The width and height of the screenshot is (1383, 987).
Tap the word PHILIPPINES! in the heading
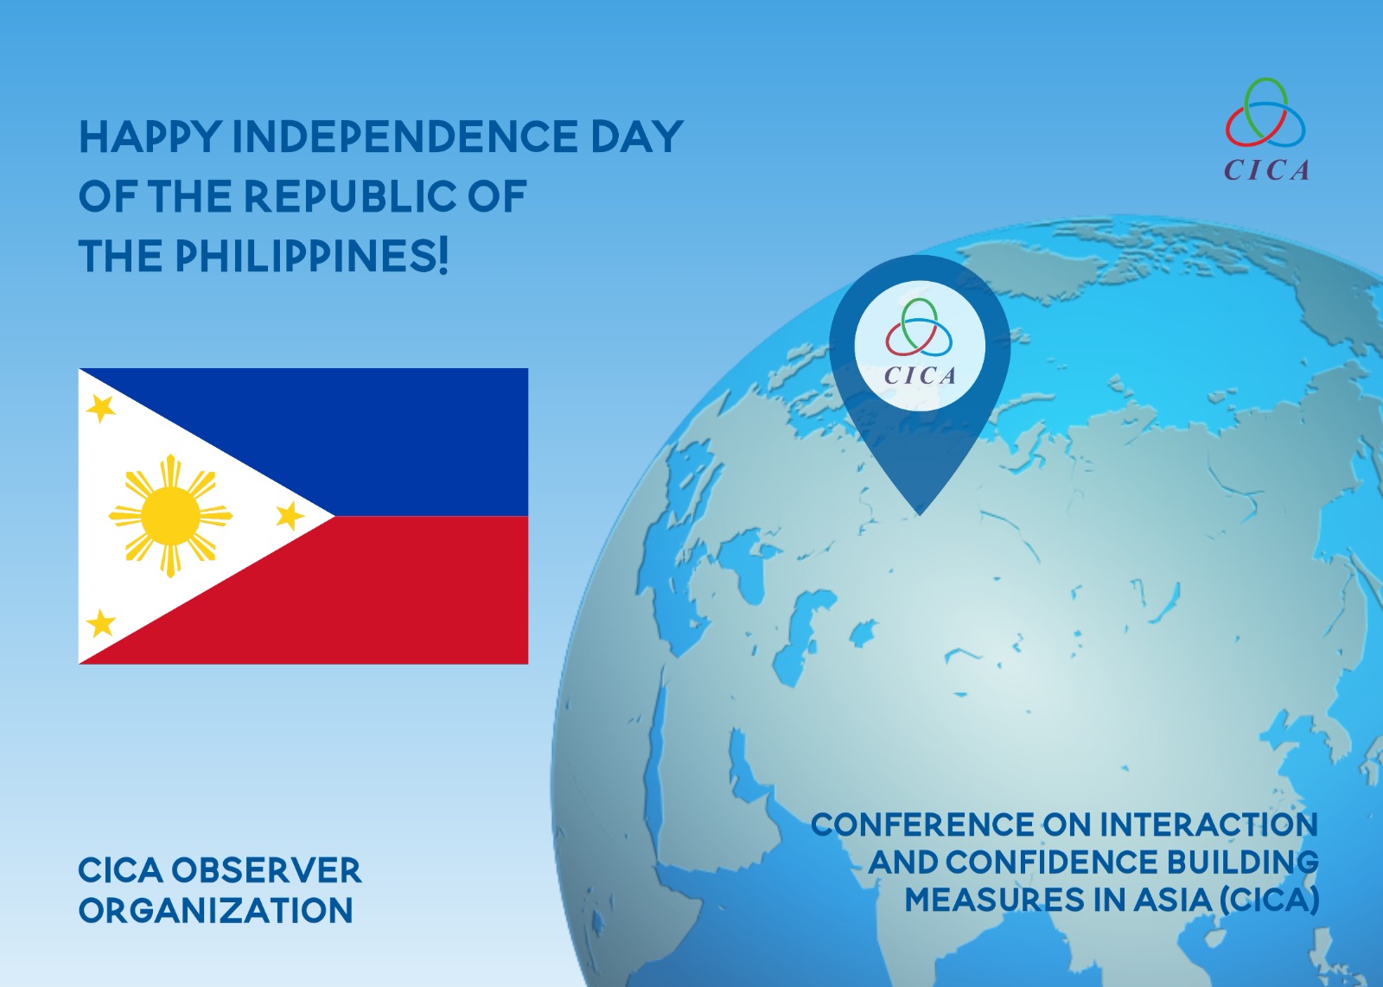[x=312, y=256]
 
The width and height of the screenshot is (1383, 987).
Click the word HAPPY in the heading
[x=150, y=137]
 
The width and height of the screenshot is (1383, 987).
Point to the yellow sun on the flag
[x=170, y=516]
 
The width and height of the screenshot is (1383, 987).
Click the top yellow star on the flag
[x=100, y=408]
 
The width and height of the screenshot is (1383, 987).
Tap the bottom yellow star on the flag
[x=101, y=622]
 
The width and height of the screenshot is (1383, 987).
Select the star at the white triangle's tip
[x=289, y=516]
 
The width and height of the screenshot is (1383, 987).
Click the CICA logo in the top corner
[x=1266, y=130]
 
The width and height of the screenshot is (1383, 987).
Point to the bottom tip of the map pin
[x=920, y=515]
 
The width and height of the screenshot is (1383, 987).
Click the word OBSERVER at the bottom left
[x=266, y=870]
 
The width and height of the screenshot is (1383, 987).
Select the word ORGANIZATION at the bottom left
[x=215, y=910]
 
